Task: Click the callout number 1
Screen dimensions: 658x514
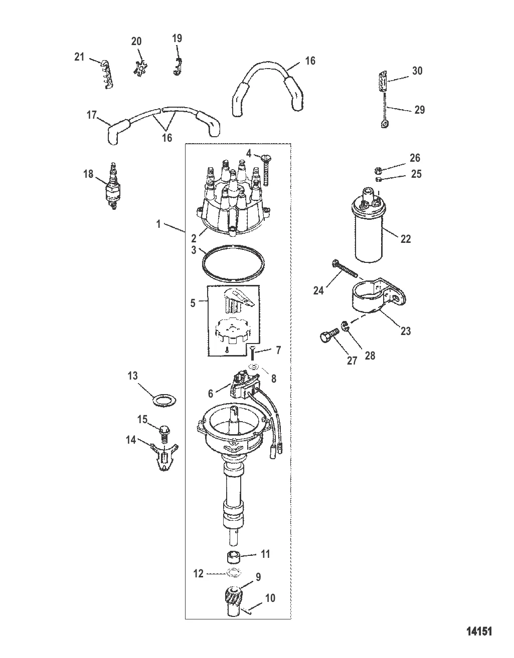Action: coord(158,224)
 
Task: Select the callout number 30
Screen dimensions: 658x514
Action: coord(417,71)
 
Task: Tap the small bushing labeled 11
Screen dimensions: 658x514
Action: coord(232,556)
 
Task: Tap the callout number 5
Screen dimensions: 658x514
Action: coord(193,303)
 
